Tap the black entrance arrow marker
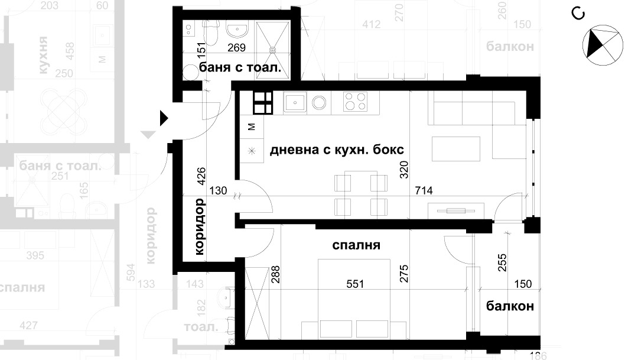click(x=164, y=119)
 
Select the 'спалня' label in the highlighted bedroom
click(x=356, y=245)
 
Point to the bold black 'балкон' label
click(x=510, y=306)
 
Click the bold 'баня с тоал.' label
click(x=244, y=69)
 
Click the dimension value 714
click(x=424, y=191)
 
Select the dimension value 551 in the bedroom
click(x=356, y=284)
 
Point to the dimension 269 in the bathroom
click(x=236, y=48)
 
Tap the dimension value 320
click(x=404, y=171)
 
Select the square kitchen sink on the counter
click(x=294, y=103)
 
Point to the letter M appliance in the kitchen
click(x=251, y=127)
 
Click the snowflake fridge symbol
click(x=251, y=151)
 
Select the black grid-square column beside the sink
click(x=263, y=103)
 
